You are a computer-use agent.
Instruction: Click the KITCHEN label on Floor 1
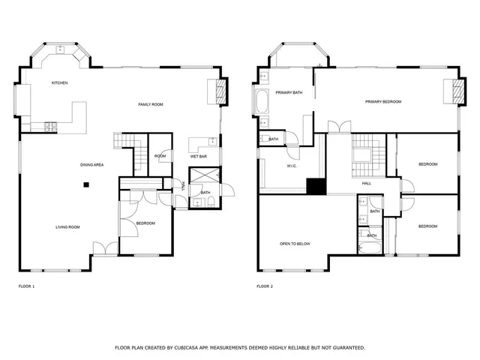[60, 82]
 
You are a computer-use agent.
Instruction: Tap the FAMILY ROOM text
[150, 104]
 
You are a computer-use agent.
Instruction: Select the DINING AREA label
[92, 164]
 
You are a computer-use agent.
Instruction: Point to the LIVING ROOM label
[67, 226]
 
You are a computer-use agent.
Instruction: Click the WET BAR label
[199, 157]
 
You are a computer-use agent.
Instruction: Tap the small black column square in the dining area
[86, 184]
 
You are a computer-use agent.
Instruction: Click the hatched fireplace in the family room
[220, 91]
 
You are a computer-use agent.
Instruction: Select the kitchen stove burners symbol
[51, 127]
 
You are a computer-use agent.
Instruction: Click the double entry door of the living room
[105, 249]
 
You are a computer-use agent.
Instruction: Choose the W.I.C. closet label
[292, 166]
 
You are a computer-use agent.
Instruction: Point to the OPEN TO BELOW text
[295, 244]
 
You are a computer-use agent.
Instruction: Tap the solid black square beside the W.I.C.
[316, 187]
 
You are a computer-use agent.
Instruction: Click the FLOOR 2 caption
[265, 286]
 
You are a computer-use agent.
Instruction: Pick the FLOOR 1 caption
[26, 286]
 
